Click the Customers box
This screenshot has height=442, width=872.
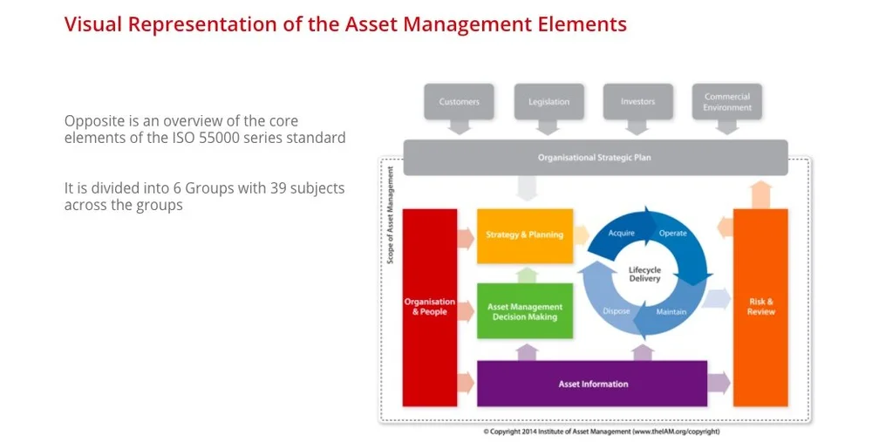coord(459,102)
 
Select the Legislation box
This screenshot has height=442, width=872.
coord(548,102)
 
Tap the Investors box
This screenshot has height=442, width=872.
coord(637,102)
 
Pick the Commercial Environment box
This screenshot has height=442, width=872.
coord(727,102)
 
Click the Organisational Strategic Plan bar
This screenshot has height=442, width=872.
coord(596,158)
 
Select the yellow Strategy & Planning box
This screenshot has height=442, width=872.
coord(524,235)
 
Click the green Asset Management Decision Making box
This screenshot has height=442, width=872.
coord(524,311)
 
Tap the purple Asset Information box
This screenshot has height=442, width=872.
coord(592,384)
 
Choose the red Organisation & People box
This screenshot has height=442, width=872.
coord(429,307)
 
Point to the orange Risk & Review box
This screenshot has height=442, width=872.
coord(760,307)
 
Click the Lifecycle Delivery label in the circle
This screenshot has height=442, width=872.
coord(644,275)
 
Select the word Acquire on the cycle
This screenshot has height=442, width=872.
coord(620,234)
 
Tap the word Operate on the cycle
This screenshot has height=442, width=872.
coord(672,234)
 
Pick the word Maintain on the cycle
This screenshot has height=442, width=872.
coord(671,312)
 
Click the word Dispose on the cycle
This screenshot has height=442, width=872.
coord(616,312)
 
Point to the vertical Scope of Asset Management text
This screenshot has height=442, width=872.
coord(390,214)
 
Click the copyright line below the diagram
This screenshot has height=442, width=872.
coord(601,432)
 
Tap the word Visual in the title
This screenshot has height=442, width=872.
coord(93,24)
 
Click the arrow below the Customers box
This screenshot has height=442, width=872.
coord(459,127)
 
